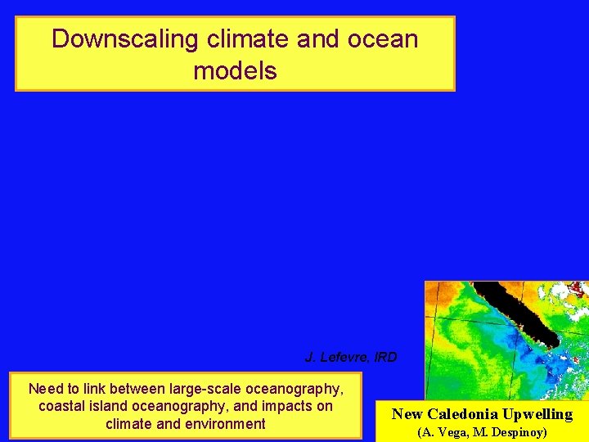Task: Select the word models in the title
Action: coord(235,70)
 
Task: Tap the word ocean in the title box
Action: coord(380,39)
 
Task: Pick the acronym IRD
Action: coord(384,357)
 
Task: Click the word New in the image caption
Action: coord(407,413)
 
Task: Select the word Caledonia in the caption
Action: coord(461,413)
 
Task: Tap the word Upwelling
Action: coord(537,413)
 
